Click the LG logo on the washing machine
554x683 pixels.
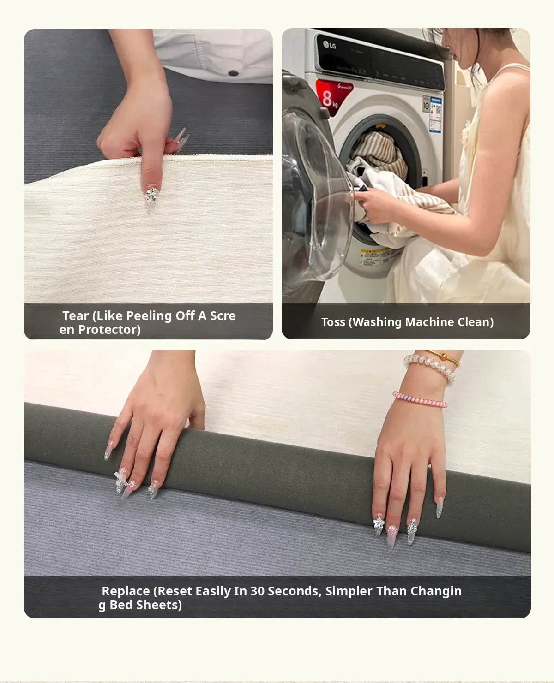329,45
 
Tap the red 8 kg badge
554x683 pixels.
333,96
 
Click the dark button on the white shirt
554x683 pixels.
233,73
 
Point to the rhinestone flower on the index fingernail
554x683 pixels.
151,195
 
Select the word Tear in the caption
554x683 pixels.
75,316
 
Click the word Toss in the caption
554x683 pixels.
333,322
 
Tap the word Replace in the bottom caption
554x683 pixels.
126,591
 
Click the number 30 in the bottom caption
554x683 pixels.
258,591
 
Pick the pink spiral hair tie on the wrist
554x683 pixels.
420,400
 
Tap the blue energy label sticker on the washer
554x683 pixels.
436,114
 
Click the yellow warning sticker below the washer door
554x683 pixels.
370,256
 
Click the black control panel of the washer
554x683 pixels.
381,63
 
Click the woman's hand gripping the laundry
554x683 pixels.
375,205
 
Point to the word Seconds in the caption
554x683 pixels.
295,591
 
